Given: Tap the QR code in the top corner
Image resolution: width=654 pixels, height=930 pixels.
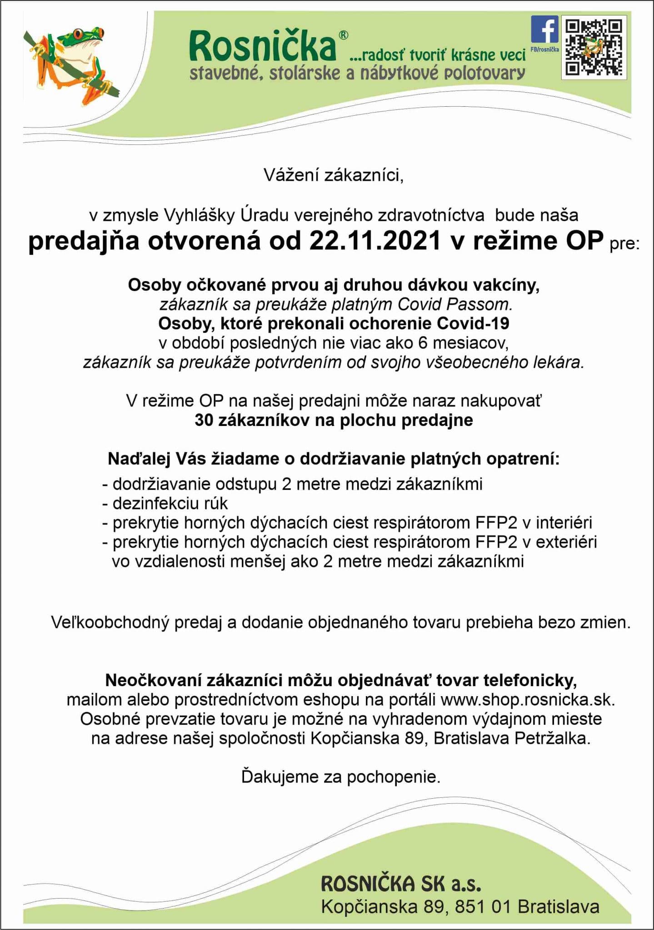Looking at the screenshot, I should coord(594,47).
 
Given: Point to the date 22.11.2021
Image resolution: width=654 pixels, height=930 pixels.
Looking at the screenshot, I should coord(375,241).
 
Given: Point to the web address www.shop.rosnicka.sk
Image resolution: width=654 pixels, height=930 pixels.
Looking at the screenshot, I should coord(527,700).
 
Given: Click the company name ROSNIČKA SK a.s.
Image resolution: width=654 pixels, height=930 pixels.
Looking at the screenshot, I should coord(401,884).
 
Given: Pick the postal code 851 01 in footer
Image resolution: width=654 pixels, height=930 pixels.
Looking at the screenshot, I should coord(483,907).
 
